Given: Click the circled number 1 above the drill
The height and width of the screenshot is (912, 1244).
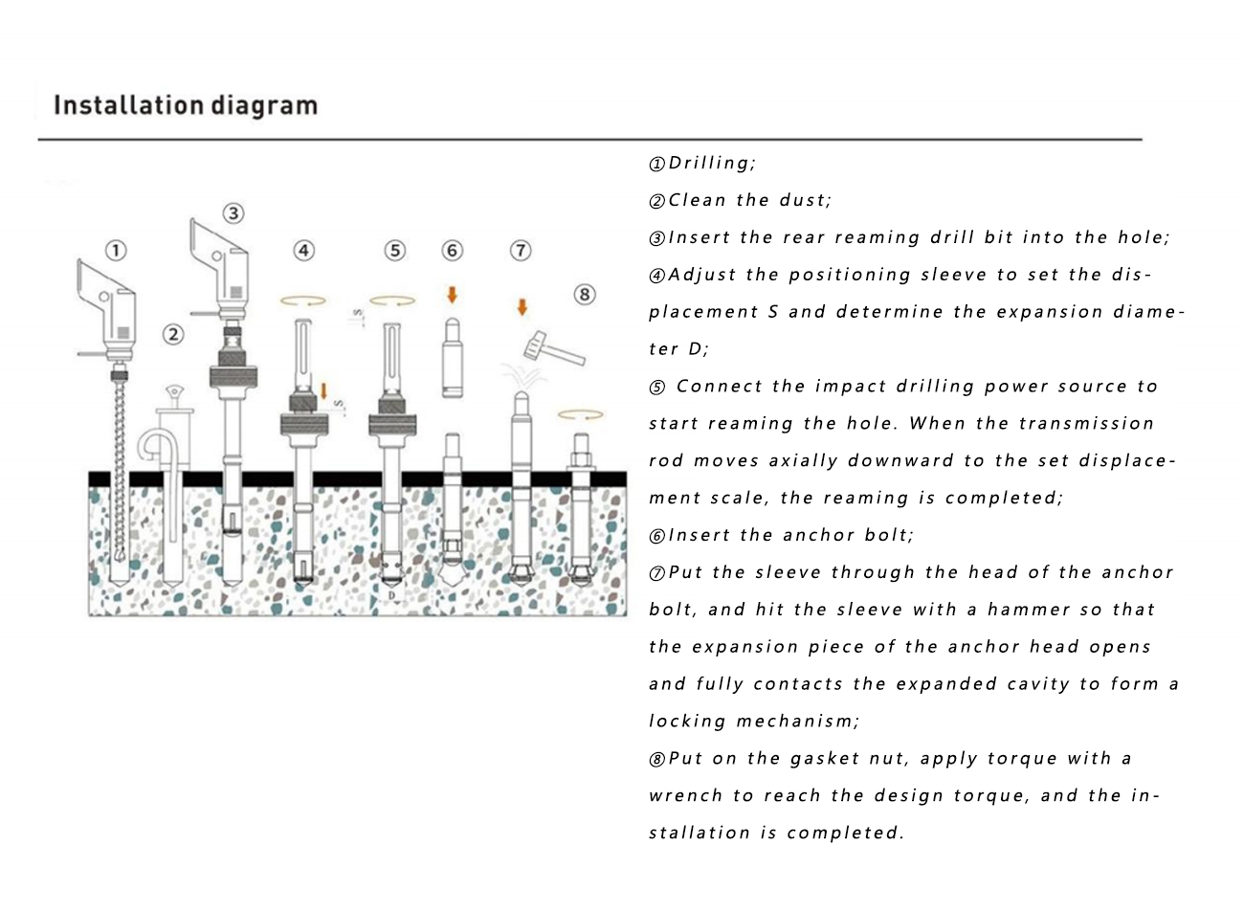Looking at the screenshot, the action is pyautogui.click(x=116, y=251).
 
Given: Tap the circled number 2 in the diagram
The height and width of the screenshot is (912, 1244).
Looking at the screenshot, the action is pyautogui.click(x=173, y=334).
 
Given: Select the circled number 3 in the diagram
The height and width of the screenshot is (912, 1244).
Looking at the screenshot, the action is pyautogui.click(x=233, y=213).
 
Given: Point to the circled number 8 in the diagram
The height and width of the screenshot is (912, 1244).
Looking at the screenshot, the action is pyautogui.click(x=585, y=295).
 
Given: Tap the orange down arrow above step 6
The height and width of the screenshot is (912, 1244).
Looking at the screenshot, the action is pyautogui.click(x=452, y=295).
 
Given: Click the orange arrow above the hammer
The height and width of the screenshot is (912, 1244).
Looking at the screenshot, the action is pyautogui.click(x=522, y=306).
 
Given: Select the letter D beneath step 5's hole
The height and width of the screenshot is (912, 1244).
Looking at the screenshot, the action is pyautogui.click(x=392, y=595).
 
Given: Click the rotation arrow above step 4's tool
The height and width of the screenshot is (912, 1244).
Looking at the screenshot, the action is pyautogui.click(x=303, y=301).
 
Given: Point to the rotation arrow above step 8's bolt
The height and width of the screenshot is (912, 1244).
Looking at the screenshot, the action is pyautogui.click(x=580, y=414).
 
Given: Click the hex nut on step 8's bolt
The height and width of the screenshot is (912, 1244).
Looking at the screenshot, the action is pyautogui.click(x=581, y=459).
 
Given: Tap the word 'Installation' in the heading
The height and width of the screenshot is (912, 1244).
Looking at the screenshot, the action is pyautogui.click(x=129, y=105).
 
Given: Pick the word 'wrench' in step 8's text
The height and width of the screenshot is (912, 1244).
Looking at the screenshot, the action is pyautogui.click(x=685, y=796).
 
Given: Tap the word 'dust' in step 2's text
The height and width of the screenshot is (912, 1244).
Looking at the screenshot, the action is pyautogui.click(x=802, y=200).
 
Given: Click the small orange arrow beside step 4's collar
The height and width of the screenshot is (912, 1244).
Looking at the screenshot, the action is pyautogui.click(x=323, y=391).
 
